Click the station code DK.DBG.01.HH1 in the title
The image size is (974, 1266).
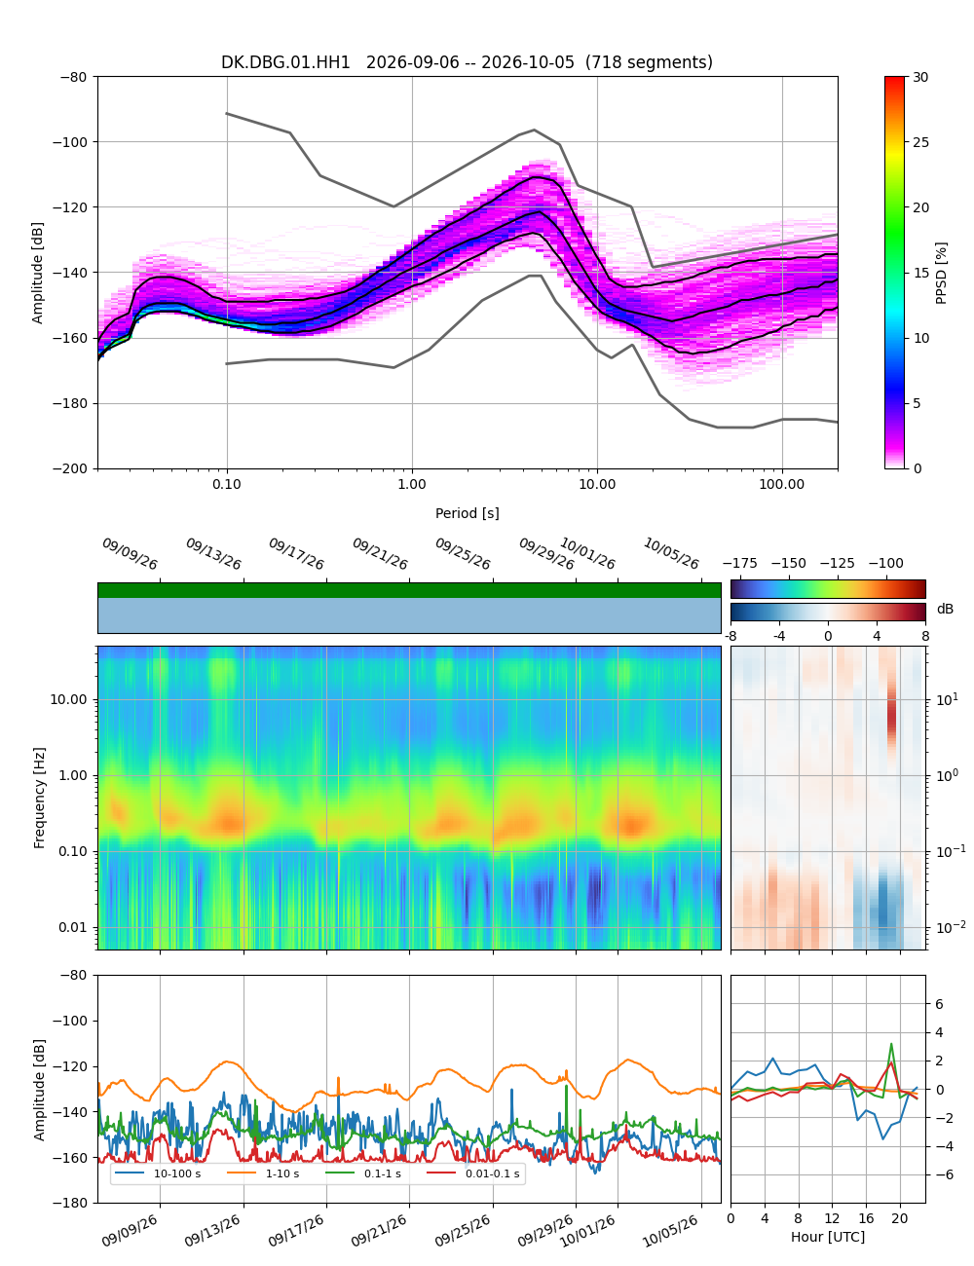(x=284, y=62)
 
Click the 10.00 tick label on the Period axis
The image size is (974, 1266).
(x=597, y=484)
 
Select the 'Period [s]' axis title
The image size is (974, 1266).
(x=467, y=512)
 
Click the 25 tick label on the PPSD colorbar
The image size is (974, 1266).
(x=920, y=142)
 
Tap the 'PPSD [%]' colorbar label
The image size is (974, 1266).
(x=940, y=273)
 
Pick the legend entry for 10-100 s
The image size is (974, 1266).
(x=157, y=1173)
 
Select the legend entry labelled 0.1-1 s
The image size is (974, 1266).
(x=363, y=1173)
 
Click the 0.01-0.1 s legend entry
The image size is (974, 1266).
(x=473, y=1173)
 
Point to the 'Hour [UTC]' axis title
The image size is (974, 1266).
(x=827, y=1236)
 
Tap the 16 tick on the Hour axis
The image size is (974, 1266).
(x=866, y=1218)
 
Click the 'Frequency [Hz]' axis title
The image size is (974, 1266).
(x=39, y=798)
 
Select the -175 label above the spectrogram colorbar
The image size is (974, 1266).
(x=740, y=564)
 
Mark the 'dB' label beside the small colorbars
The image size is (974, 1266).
(x=945, y=609)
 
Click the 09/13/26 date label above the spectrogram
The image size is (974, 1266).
(x=213, y=553)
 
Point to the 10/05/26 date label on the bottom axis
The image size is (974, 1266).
(x=670, y=1231)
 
